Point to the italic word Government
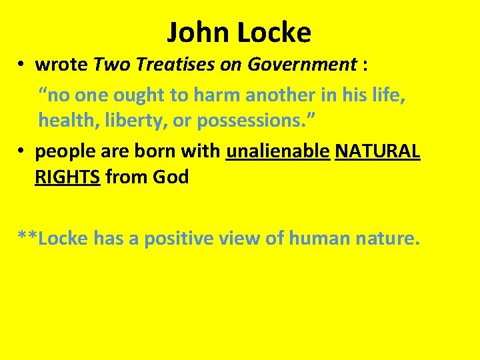tap(303, 65)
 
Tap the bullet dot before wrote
tap(22, 65)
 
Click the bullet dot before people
tap(22, 152)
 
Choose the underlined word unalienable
tap(278, 151)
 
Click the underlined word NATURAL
tap(377, 151)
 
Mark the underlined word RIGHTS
tap(67, 177)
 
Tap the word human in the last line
tap(322, 238)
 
